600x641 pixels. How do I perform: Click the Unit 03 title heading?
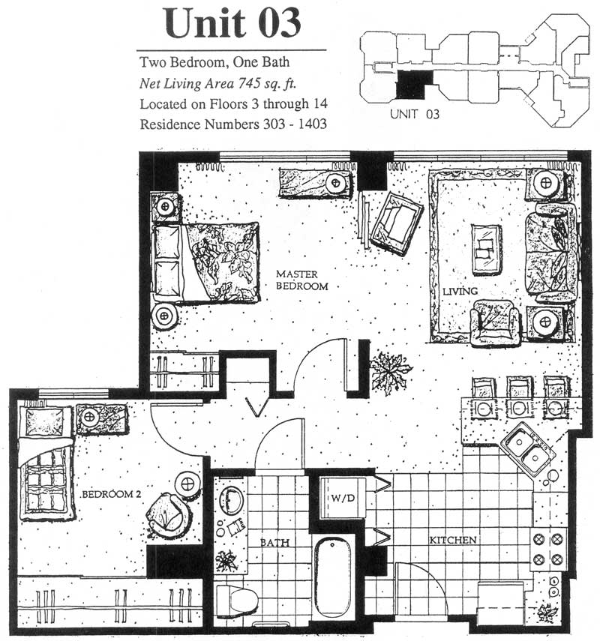232,23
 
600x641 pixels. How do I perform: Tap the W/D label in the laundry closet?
343,499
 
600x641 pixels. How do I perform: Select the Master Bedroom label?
301,280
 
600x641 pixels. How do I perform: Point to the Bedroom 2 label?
111,494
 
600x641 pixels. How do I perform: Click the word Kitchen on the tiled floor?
453,540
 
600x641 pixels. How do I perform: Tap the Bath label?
274,543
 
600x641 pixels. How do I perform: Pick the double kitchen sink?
529,448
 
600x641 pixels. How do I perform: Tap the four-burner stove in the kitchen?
548,549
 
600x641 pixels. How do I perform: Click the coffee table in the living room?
486,250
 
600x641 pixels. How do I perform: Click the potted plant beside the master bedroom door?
390,371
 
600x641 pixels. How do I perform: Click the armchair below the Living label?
495,322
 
